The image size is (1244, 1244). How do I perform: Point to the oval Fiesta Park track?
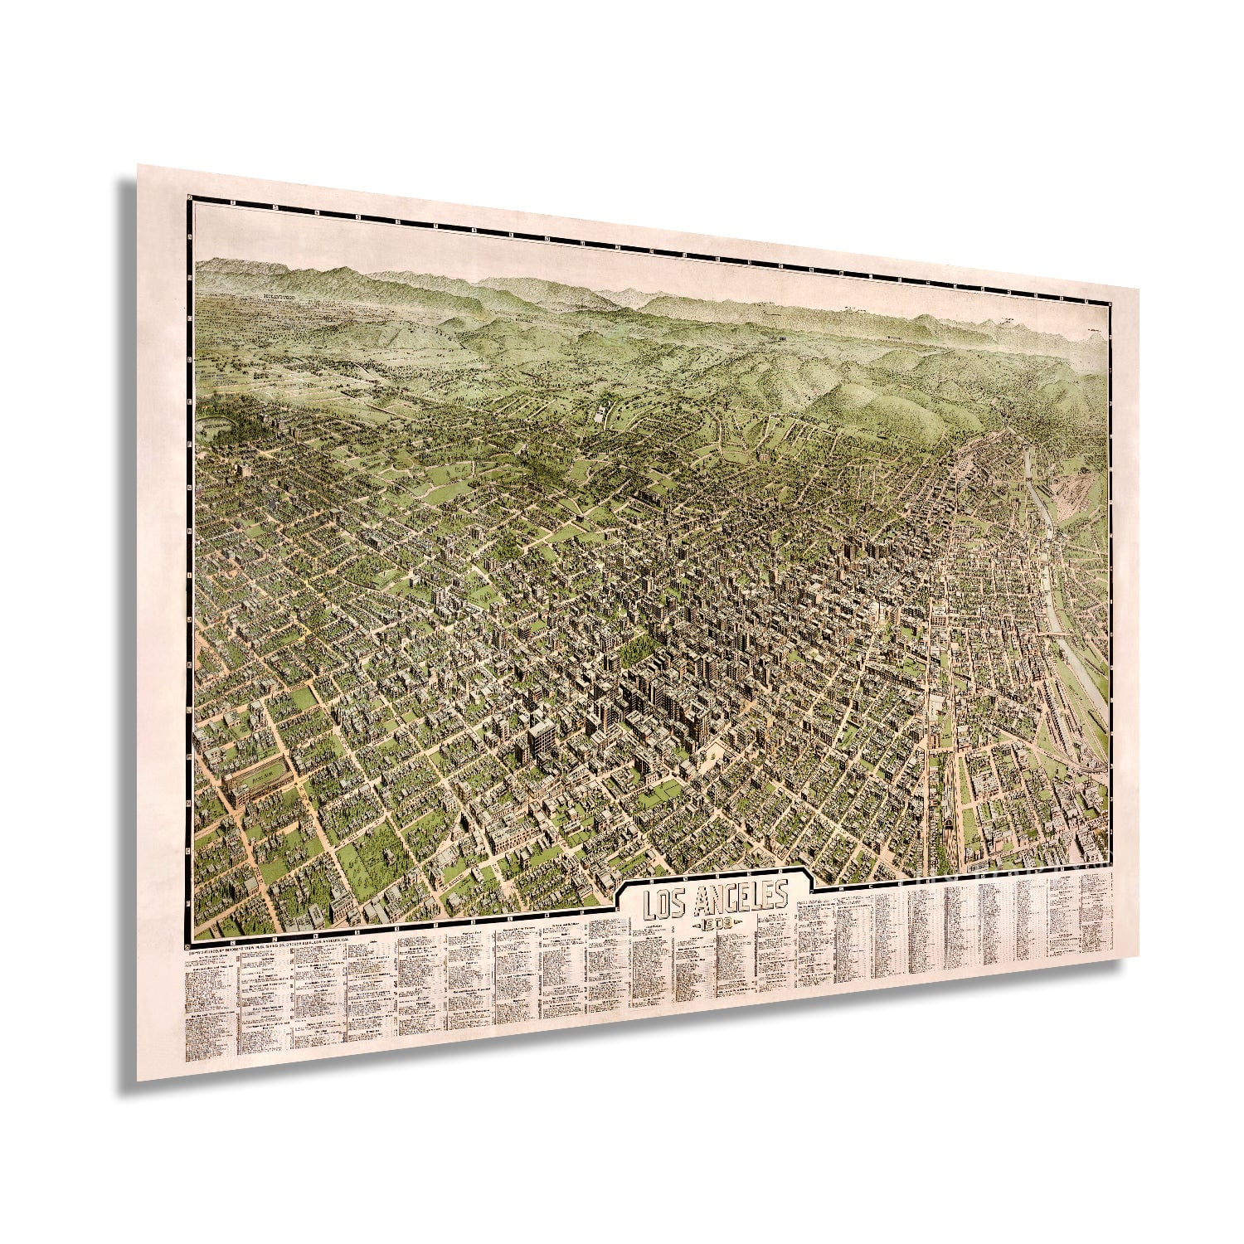point(258,780)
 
